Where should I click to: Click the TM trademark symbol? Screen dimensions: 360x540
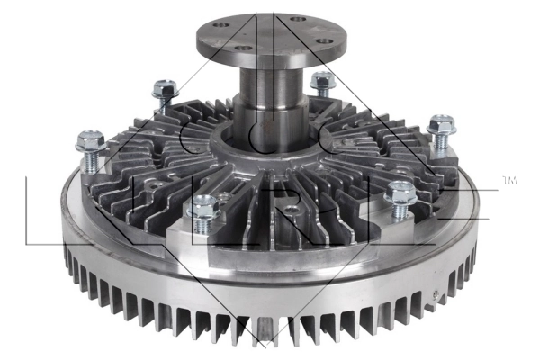509,183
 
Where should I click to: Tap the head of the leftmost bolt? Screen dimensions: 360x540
89,141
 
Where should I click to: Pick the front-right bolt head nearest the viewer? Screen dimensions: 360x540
397,193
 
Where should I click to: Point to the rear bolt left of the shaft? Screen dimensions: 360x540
165,88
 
